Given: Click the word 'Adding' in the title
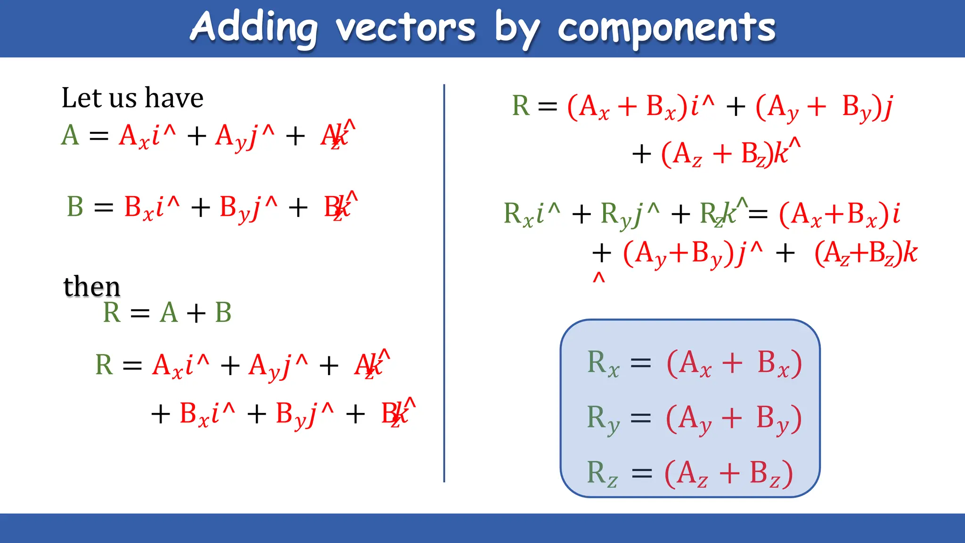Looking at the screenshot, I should [254, 28].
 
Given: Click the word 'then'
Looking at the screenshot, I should [92, 286].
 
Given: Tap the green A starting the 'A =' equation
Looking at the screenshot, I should [70, 135].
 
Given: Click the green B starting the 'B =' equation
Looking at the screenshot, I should [75, 206].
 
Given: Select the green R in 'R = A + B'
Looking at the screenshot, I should [112, 313].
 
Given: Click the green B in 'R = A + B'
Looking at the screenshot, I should [223, 313].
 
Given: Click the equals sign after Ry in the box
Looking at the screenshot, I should [641, 419].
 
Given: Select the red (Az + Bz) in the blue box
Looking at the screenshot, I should [728, 473].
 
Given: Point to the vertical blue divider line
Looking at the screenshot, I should [444, 283].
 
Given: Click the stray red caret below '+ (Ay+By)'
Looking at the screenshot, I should [598, 278].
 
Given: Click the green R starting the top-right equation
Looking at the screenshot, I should [521, 106].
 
